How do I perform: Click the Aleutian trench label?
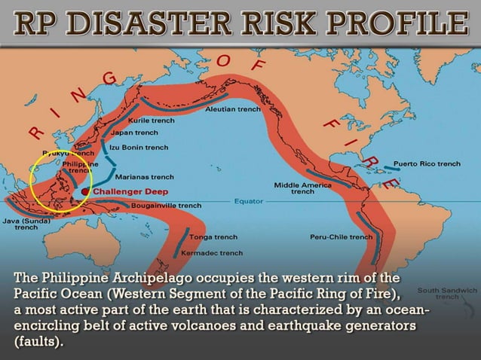tap(233, 109)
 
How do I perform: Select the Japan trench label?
tap(135, 133)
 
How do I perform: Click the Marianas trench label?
tap(145, 177)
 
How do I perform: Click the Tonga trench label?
tap(215, 237)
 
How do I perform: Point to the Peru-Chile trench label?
tap(341, 237)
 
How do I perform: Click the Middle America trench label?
tap(303, 188)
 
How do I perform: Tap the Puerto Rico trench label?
tap(427, 163)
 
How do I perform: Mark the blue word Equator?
tap(247, 201)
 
